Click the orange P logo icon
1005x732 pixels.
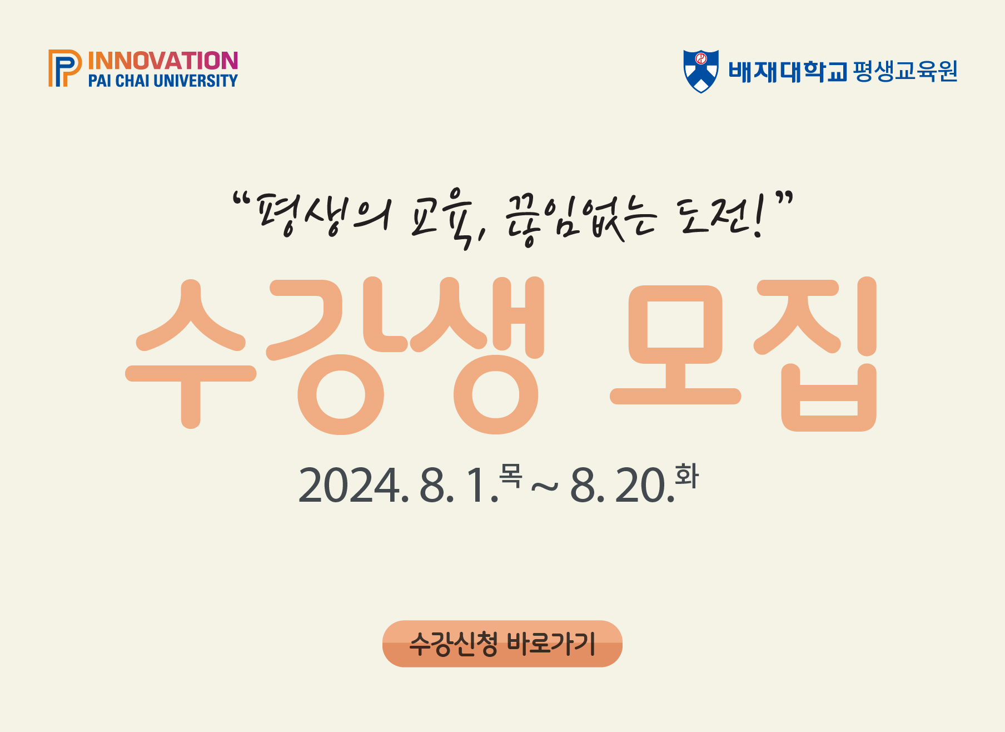(x=64, y=68)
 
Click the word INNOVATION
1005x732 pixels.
(x=163, y=61)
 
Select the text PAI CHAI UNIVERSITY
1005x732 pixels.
(x=163, y=81)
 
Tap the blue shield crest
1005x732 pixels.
(x=701, y=71)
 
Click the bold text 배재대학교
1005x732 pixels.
(x=788, y=71)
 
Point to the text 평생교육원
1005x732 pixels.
(x=905, y=71)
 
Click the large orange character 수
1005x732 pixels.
(x=191, y=354)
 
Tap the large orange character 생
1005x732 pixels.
(x=478, y=355)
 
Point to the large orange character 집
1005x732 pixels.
(x=815, y=354)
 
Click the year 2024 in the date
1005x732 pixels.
(x=350, y=486)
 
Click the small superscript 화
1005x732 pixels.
(x=686, y=476)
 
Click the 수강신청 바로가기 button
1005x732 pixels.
(x=503, y=644)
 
